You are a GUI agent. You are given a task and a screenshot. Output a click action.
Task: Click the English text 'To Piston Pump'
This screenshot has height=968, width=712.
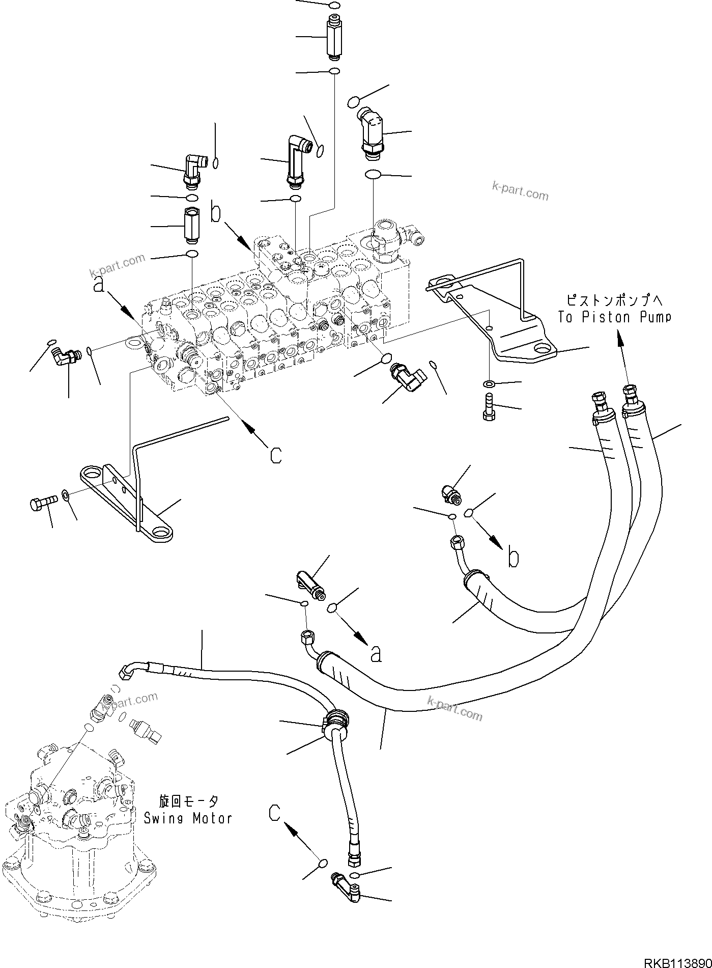pyautogui.click(x=614, y=317)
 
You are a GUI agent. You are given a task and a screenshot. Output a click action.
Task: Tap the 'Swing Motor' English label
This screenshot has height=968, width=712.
pyautogui.click(x=188, y=818)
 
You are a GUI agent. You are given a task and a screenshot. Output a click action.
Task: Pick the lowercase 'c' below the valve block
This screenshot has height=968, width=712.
pyautogui.click(x=275, y=455)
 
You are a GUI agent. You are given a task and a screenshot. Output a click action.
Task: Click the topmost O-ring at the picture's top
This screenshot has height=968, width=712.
pyautogui.click(x=334, y=6)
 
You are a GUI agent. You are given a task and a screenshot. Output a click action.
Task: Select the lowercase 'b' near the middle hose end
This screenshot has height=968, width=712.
pyautogui.click(x=514, y=559)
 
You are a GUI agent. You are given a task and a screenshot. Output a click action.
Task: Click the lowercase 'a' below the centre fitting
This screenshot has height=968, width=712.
pyautogui.click(x=376, y=654)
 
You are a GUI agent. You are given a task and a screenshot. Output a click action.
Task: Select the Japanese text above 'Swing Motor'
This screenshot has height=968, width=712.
pyautogui.click(x=189, y=801)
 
